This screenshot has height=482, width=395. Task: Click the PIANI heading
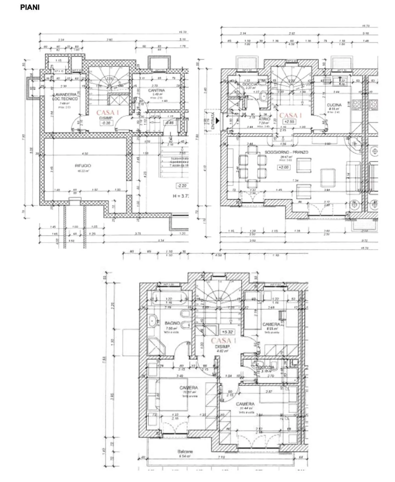coord(30,7)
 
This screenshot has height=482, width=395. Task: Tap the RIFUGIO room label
coord(83,166)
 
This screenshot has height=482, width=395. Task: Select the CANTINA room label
coord(156,90)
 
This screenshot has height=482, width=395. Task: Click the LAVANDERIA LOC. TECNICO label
coord(65,97)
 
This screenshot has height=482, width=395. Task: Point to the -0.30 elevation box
coord(106,123)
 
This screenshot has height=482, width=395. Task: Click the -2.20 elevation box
coord(182,186)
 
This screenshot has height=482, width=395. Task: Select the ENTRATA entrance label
coord(213,121)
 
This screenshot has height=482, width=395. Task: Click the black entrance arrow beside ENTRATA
coord(218,120)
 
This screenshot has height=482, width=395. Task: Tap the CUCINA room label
coord(334,105)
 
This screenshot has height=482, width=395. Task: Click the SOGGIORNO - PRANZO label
coord(286,152)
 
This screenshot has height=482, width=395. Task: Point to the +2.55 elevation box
coord(289,122)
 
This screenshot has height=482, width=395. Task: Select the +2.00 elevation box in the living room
coord(284,167)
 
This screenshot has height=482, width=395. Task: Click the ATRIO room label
coord(264,119)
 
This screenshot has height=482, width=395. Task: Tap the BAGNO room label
coord(172,323)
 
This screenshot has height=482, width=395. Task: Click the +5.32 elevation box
coord(227,332)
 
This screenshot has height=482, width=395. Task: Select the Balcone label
coord(185,451)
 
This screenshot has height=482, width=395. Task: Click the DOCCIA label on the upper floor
coord(266,367)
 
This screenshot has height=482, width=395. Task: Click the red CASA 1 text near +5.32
coord(223,340)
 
